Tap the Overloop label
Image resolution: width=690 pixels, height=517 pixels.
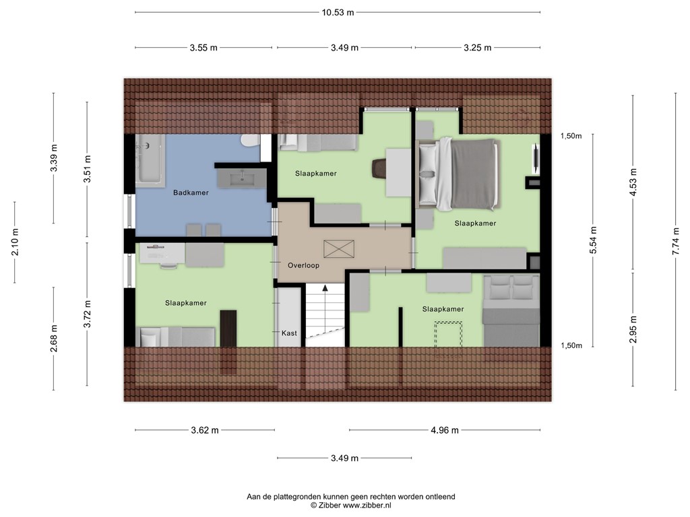303,265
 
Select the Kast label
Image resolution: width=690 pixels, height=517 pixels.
288,333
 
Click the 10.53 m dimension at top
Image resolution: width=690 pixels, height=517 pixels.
337,12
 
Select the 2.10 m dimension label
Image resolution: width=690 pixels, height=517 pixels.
15,242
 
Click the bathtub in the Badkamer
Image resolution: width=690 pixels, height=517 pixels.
151,160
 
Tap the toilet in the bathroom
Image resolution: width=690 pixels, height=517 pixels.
249,141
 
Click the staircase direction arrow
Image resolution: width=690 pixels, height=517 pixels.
325,288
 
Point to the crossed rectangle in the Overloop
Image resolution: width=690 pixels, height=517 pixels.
334,248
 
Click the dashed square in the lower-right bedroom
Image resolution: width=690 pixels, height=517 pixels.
447,334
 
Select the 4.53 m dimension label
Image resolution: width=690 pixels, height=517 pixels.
633,182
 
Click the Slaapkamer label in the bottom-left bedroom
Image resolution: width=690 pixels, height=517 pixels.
185,303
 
